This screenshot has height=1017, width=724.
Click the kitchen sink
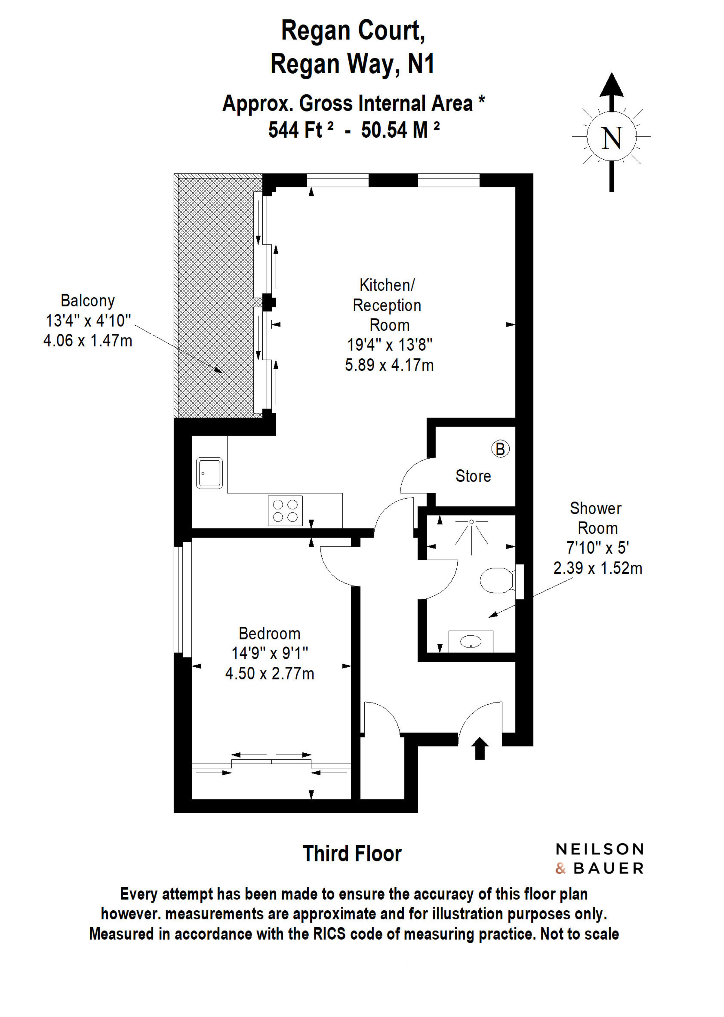click(x=209, y=473)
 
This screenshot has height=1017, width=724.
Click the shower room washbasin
click(x=471, y=642)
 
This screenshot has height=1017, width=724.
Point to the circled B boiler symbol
click(x=500, y=449)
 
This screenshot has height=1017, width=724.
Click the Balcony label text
click(x=88, y=301)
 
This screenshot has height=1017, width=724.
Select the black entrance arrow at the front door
click(x=480, y=748)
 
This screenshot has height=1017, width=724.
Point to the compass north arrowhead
click(x=611, y=85)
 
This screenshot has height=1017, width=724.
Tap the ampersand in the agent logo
click(x=560, y=868)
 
